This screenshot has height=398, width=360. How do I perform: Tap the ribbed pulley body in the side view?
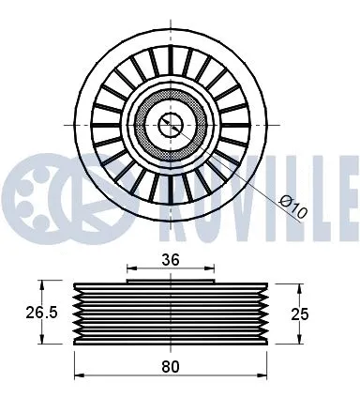tap(171, 314)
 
